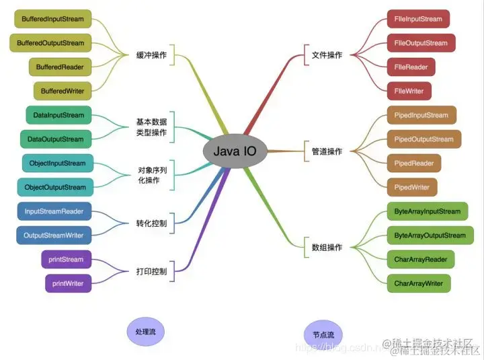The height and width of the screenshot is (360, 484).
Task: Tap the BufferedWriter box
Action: tap(63, 91)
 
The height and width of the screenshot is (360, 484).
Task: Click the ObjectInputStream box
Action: tap(58, 164)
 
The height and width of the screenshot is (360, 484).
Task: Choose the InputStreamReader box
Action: tap(54, 211)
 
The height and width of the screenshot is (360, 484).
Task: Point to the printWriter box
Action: tap(67, 283)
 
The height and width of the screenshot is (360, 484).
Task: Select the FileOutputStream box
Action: tap(421, 43)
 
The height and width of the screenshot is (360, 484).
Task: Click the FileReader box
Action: tap(411, 67)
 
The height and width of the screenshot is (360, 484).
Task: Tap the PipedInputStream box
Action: tap(421, 115)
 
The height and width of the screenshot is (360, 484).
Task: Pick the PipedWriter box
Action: tap(412, 187)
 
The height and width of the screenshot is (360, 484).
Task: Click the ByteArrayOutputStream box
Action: tap(430, 236)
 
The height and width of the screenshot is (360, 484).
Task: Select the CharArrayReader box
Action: tap(421, 259)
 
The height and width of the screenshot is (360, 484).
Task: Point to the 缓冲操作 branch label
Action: tap(151, 55)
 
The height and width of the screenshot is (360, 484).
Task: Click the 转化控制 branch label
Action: tap(151, 223)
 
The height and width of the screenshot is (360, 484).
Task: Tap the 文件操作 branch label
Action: tap(327, 55)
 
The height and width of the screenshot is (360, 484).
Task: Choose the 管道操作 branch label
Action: tap(327, 151)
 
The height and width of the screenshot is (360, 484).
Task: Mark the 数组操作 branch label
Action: tap(327, 248)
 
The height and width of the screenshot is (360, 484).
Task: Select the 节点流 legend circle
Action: tap(323, 334)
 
